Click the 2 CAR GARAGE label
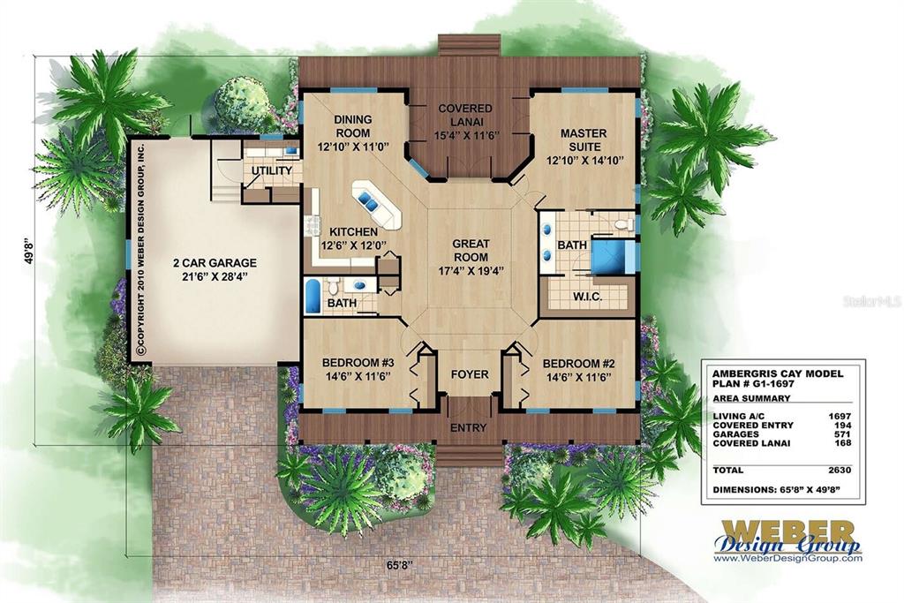coord(214,262)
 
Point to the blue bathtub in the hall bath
coord(314,295)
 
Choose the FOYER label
coord(470,374)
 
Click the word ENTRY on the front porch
coord(470,427)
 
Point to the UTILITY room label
coord(271,170)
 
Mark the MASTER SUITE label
coord(581,140)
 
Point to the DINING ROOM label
coord(352,126)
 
